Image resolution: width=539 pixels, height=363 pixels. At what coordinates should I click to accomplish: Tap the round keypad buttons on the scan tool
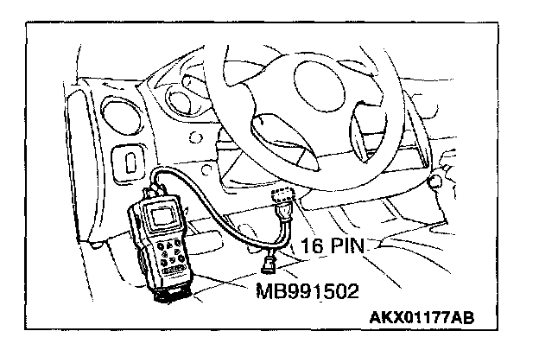pyautogui.click(x=163, y=254)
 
